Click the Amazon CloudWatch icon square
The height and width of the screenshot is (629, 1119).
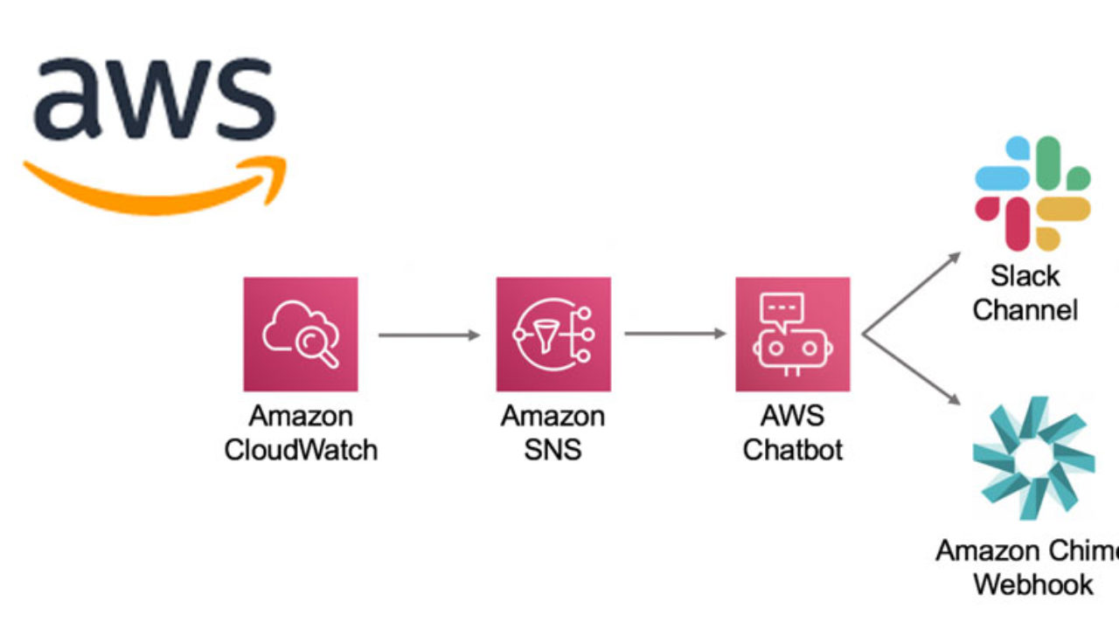[301, 334]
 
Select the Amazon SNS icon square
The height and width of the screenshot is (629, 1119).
[553, 334]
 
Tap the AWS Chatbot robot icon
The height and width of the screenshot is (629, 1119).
[792, 334]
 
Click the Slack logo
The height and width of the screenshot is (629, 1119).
[1032, 193]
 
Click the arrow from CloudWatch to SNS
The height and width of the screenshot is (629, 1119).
[429, 335]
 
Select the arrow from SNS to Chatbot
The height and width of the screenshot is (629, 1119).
[676, 334]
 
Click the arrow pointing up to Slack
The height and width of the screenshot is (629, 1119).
[912, 292]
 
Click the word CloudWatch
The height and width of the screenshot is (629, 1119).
[301, 451]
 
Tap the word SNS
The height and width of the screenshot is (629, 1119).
[553, 451]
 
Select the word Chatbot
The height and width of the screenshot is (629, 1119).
[792, 451]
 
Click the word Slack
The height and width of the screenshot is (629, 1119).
[1025, 277]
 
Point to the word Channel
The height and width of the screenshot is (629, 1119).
[1025, 310]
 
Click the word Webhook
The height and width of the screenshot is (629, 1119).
[1033, 584]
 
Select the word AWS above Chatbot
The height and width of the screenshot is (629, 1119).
[792, 417]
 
